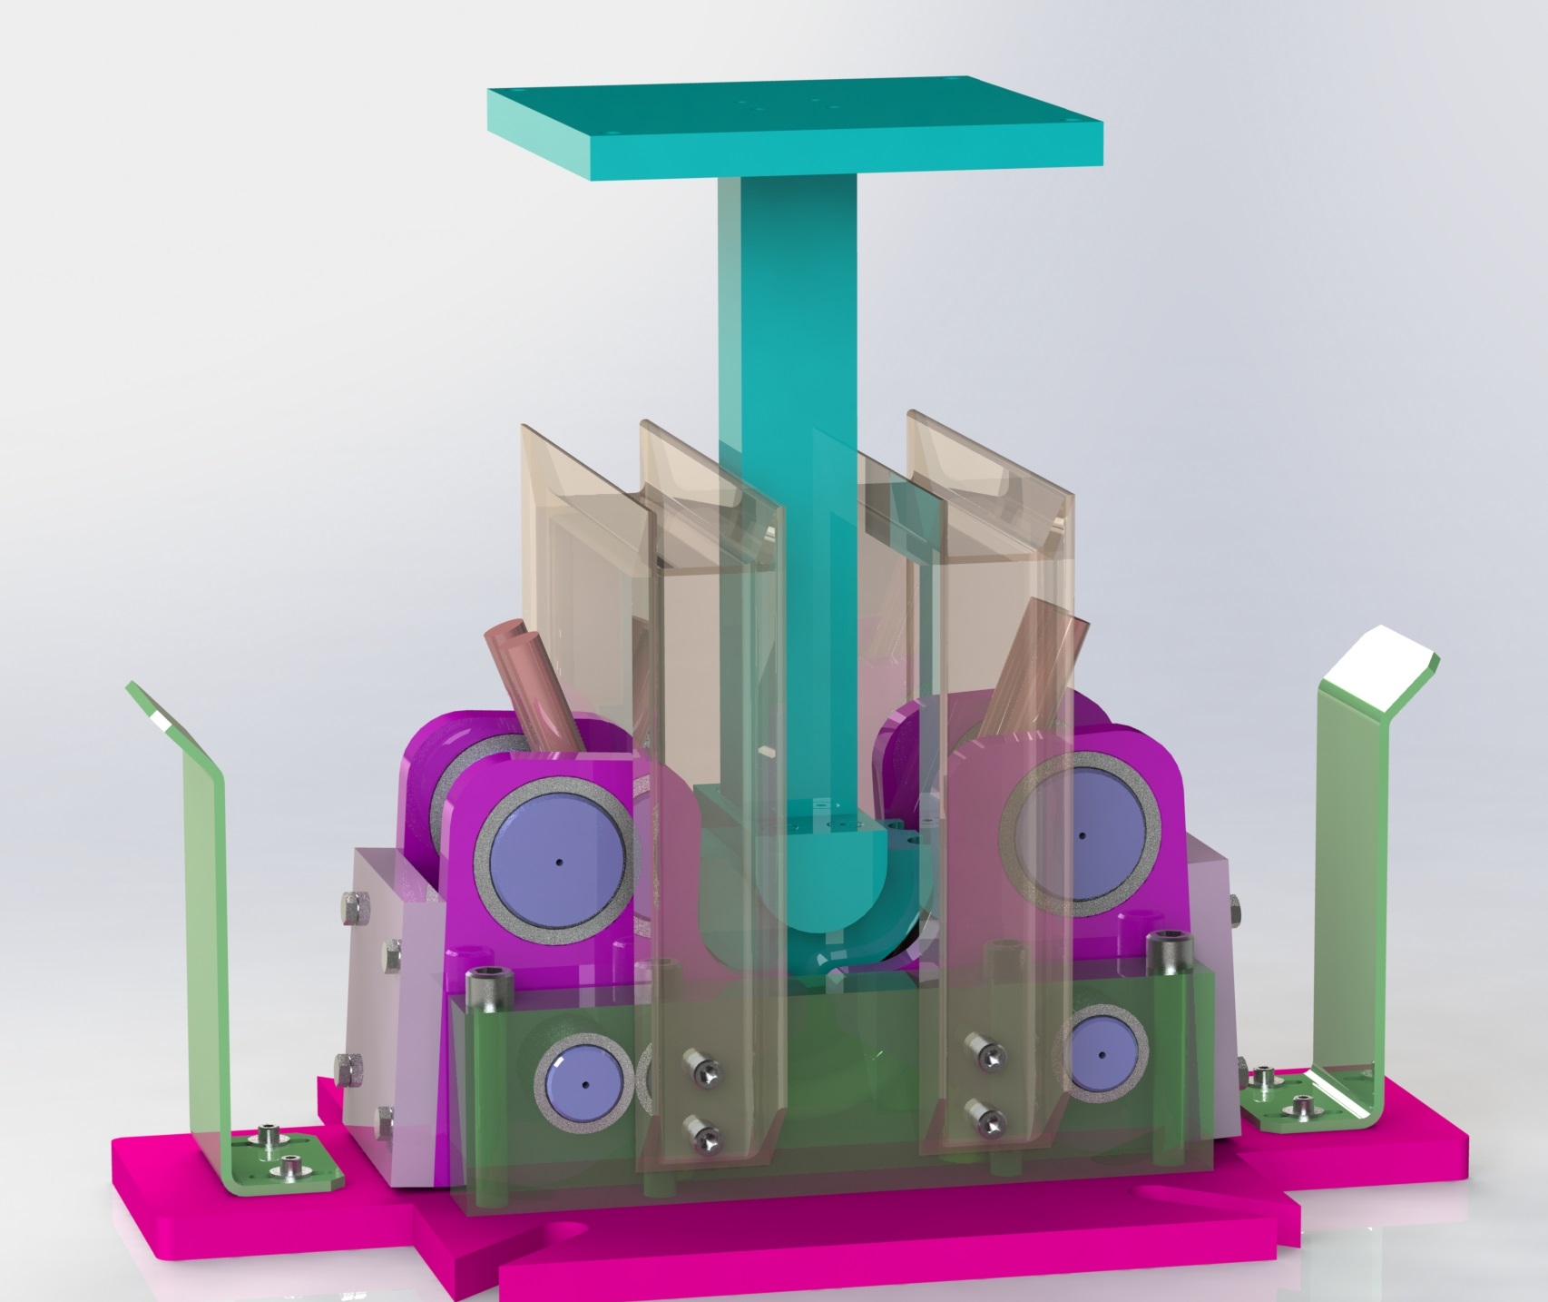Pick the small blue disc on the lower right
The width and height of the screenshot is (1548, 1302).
[x=1101, y=1054]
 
